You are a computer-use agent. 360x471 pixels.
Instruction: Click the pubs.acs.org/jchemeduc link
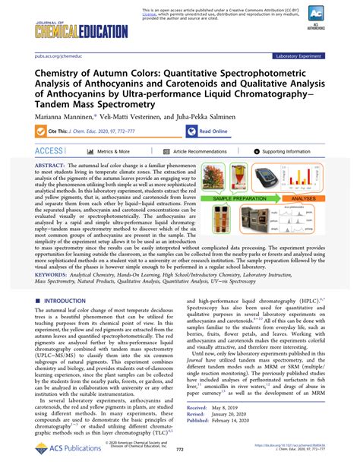50,55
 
